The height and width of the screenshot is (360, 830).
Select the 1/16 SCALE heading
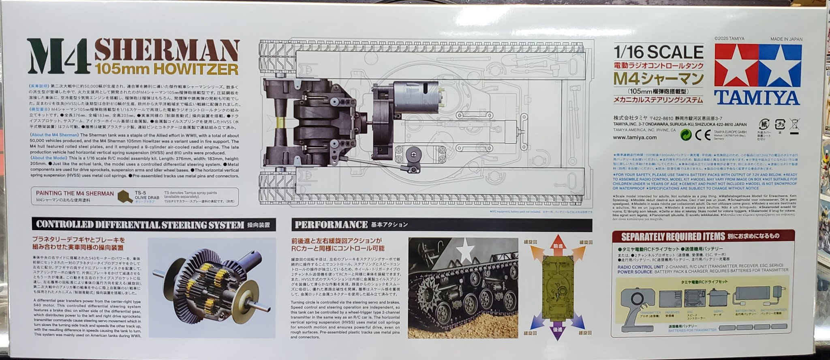point(659,52)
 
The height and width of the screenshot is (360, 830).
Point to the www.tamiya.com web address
point(635,137)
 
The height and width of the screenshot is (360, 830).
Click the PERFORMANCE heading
point(331,225)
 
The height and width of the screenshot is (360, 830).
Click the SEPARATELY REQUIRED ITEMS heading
point(673,236)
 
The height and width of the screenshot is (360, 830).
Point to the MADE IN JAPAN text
point(786,39)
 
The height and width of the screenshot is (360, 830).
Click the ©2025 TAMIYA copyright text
point(729,39)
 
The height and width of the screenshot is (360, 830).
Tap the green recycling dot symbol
point(685,135)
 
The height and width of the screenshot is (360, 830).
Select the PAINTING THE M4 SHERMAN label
point(75,193)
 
